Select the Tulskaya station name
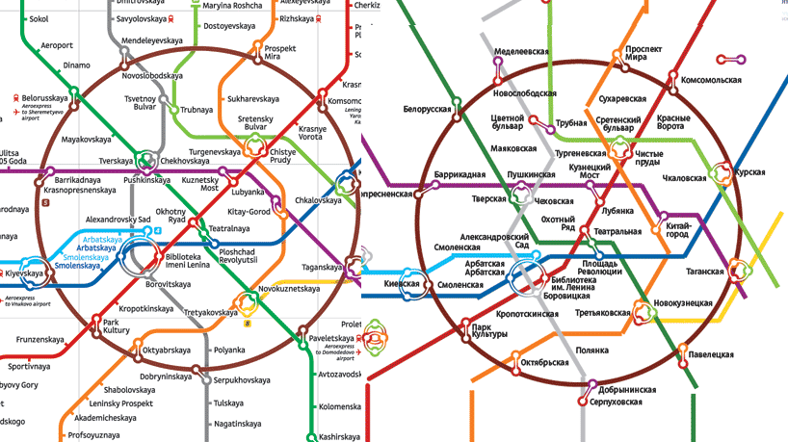coord(229,403)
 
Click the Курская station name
coord(749,172)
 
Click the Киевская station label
coord(402,285)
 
